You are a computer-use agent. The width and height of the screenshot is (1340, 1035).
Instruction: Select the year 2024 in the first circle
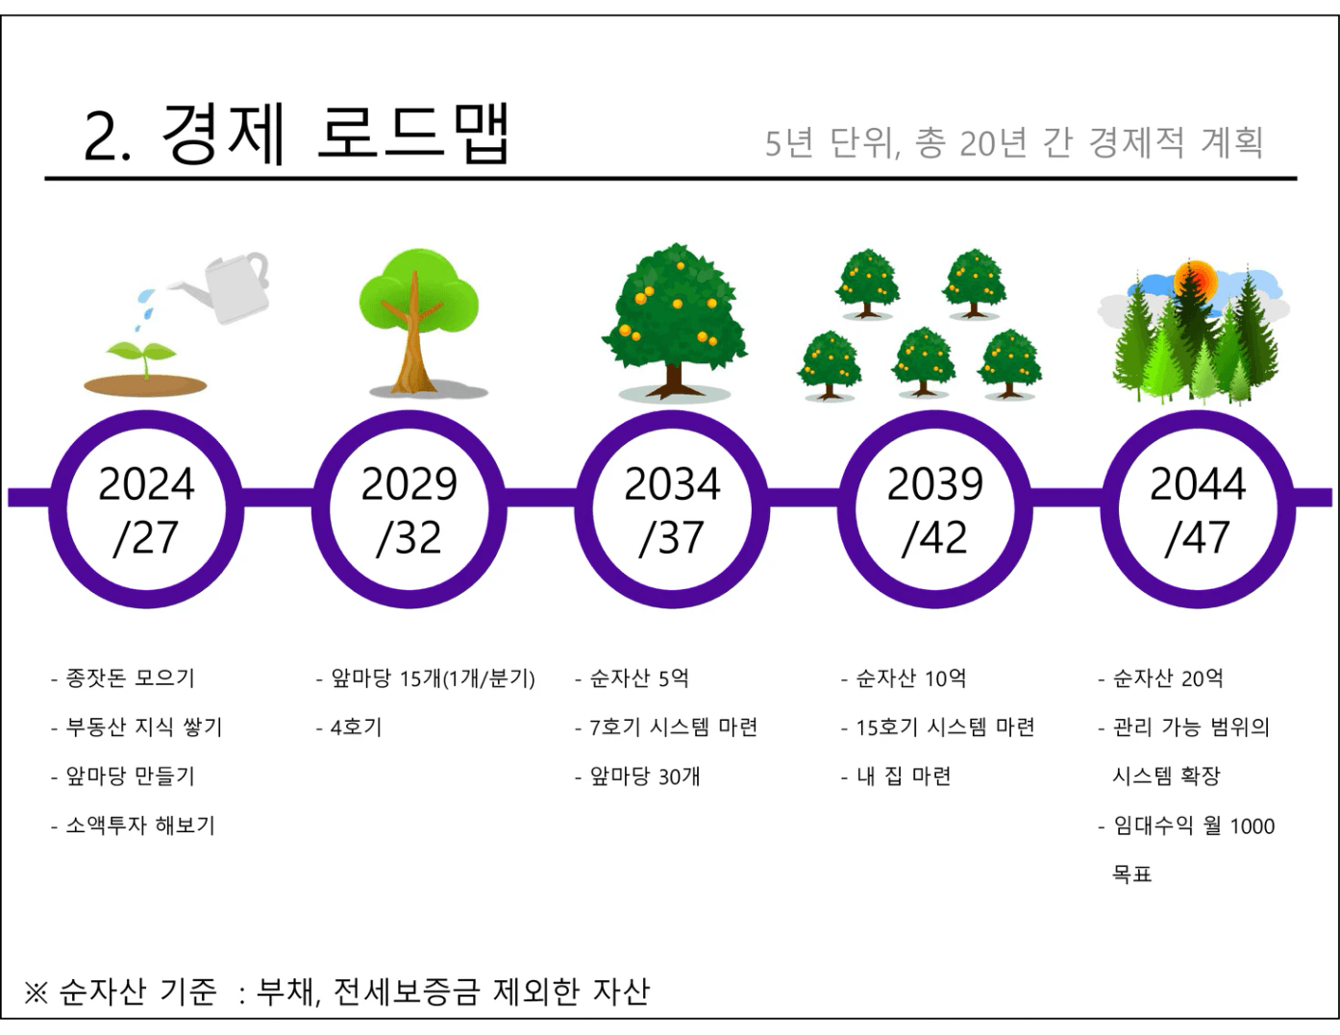point(146,484)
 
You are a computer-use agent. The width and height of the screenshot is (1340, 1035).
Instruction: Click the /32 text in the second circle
point(409,537)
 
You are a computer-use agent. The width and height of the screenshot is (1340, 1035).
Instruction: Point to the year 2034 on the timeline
point(672,484)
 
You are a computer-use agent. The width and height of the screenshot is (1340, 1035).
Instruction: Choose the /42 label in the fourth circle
point(934,537)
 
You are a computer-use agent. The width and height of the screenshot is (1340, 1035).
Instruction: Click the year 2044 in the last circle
point(1198,484)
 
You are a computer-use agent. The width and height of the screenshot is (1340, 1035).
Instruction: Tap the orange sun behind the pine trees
point(1197,282)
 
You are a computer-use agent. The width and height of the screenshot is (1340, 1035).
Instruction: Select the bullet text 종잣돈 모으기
point(130,678)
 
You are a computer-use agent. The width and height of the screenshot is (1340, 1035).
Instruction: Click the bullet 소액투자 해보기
point(140,826)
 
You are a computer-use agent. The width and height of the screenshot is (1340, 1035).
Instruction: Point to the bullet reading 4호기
point(357,727)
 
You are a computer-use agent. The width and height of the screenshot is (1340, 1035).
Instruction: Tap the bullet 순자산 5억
point(639,678)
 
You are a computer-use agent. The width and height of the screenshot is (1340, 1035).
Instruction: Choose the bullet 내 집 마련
point(904,776)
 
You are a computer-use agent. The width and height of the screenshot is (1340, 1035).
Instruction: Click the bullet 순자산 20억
point(1167,678)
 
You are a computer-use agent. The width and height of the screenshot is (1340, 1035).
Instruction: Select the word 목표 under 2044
point(1131,875)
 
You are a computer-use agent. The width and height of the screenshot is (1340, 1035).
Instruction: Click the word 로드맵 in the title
point(413,134)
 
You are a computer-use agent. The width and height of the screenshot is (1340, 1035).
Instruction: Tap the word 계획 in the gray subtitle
point(1231,143)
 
